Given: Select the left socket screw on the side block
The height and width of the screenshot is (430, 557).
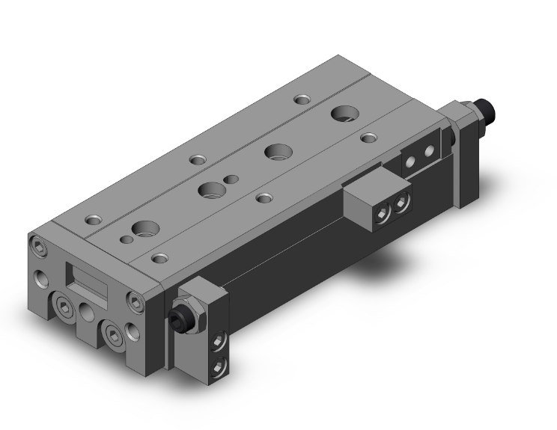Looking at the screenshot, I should tap(382, 215).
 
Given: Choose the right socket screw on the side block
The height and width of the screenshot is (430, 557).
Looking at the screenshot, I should tap(402, 203).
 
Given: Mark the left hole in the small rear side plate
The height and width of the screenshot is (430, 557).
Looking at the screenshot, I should tap(410, 159).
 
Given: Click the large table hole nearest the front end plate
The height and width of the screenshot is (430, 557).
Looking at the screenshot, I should tap(142, 229).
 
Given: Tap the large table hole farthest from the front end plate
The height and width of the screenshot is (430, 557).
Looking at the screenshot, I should tap(345, 114).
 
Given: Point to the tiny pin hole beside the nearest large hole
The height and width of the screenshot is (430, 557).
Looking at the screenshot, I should tap(121, 239).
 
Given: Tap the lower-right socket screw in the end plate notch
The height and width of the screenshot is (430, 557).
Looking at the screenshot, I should tap(113, 333).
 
